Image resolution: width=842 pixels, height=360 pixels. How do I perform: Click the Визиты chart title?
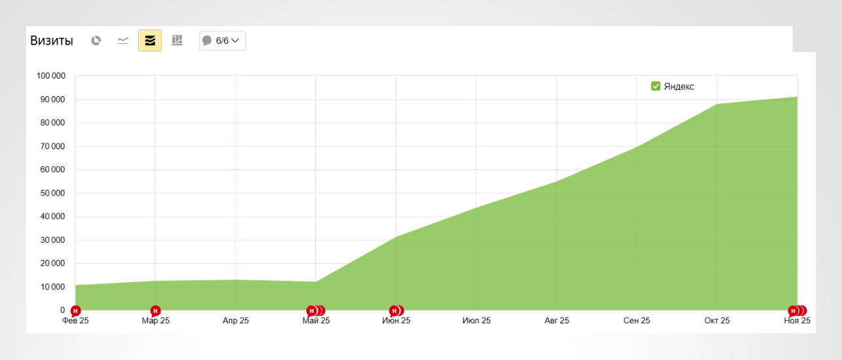(x=52, y=41)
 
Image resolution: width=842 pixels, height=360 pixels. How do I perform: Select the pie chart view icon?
(x=96, y=41)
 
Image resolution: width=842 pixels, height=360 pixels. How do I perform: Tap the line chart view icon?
(x=123, y=41)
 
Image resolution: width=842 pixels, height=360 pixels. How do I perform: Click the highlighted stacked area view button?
(x=150, y=41)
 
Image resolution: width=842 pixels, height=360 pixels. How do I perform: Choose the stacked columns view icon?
(x=177, y=41)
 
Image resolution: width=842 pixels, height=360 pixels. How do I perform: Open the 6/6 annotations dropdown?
(x=222, y=41)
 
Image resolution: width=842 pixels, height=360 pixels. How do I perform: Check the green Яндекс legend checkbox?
(x=656, y=86)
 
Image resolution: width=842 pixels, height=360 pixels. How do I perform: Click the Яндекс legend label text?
(x=678, y=86)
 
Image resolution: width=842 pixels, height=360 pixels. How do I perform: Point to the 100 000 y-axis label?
(x=51, y=76)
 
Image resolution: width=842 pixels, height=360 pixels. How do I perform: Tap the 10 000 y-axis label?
(x=53, y=287)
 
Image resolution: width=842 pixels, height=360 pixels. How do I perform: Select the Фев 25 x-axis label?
(x=75, y=321)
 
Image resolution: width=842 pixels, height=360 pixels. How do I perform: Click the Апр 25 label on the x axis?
(x=236, y=321)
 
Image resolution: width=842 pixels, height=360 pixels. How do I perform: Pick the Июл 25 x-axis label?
(x=476, y=321)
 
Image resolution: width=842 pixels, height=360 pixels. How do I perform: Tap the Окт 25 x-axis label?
(x=717, y=321)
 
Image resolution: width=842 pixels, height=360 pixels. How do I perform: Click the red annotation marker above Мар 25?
(x=156, y=310)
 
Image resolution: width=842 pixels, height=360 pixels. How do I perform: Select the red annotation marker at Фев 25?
(x=76, y=310)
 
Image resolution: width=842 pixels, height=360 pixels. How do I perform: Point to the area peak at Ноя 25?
(x=797, y=97)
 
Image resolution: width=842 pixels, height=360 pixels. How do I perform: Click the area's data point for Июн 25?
(x=396, y=237)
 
